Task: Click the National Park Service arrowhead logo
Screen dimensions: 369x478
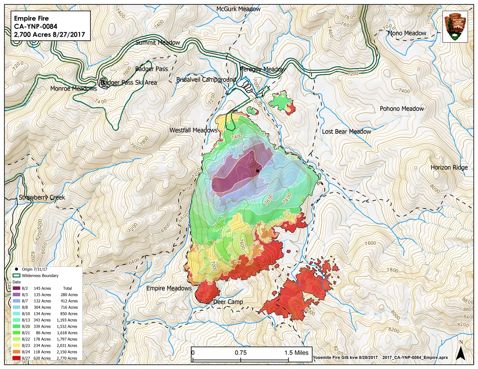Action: click(x=457, y=26)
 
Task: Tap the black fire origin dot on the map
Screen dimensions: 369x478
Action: click(x=257, y=171)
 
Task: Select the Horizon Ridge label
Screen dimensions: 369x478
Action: click(x=449, y=168)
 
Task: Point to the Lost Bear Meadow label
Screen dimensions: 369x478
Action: click(x=346, y=131)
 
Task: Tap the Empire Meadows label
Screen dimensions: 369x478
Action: click(x=169, y=288)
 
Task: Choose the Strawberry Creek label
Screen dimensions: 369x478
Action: click(x=41, y=197)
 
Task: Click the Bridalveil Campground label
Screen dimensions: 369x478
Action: click(x=206, y=80)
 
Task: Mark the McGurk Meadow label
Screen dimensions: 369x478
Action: click(x=238, y=9)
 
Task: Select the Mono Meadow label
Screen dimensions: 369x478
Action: click(x=407, y=33)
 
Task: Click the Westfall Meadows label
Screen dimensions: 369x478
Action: click(x=194, y=130)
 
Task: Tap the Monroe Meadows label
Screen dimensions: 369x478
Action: click(x=74, y=89)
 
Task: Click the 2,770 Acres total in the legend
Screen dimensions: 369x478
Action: click(x=70, y=358)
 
